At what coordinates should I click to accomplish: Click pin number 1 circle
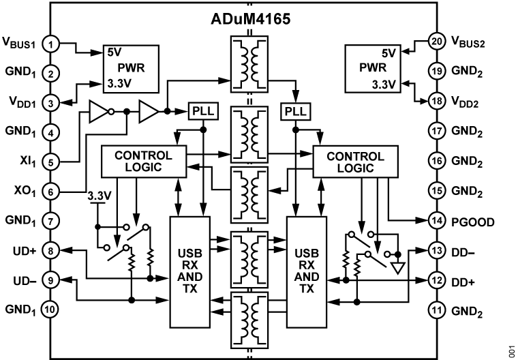50,44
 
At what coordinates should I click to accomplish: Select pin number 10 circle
50,310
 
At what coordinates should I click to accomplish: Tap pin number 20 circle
437,41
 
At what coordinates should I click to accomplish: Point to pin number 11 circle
437,310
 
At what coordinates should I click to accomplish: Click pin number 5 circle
50,162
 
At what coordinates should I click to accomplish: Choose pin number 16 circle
437,161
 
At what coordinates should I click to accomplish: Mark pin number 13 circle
437,250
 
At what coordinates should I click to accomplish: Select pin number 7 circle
50,221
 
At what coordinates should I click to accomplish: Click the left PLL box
203,111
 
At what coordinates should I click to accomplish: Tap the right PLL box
295,111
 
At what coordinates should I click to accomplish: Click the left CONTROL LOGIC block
143,162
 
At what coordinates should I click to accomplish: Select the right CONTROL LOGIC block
355,162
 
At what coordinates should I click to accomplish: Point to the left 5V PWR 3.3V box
132,69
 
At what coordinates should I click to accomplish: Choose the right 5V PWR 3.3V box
373,69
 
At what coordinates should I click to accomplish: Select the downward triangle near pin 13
398,268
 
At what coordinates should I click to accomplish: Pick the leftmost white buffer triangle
99,112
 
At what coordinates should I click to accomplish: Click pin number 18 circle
437,101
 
